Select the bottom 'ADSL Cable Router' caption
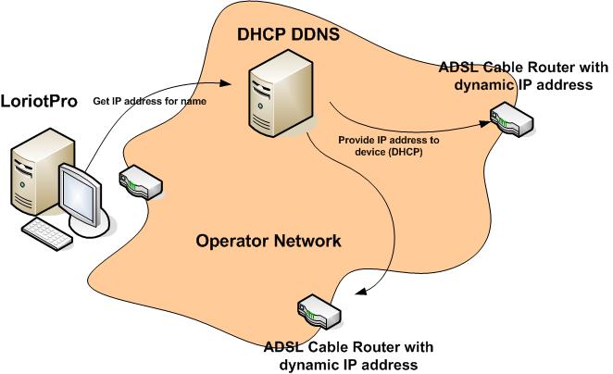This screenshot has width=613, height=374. coord(348,355)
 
